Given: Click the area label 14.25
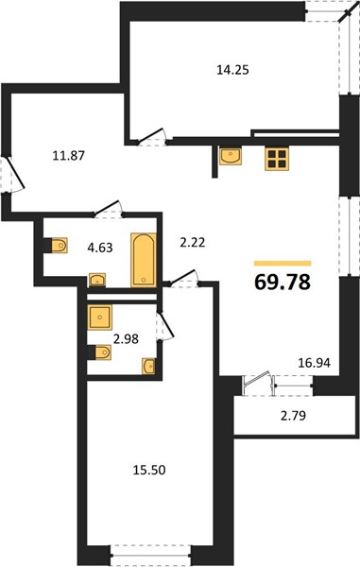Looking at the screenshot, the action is click(232, 69).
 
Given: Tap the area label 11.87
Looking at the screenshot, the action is click(68, 156).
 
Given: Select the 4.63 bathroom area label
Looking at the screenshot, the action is click(100, 248).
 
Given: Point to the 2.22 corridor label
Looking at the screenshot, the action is click(193, 242).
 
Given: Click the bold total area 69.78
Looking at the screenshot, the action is click(283, 282).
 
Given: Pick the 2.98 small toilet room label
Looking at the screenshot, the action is click(126, 339).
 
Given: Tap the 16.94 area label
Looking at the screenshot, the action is click(314, 363).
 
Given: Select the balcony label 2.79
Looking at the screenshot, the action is click(293, 416).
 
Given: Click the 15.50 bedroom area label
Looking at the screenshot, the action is click(149, 470).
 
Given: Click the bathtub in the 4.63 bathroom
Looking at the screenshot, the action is click(144, 261).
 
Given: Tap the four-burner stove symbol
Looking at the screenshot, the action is click(277, 159).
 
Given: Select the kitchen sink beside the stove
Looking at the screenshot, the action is click(231, 156).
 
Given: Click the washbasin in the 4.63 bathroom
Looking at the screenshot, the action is click(97, 281).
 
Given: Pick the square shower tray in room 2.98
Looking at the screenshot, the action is click(100, 318).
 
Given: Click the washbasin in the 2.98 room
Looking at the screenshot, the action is click(148, 367).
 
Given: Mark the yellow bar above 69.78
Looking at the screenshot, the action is click(283, 264).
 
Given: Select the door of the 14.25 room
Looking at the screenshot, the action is click(152, 136).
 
